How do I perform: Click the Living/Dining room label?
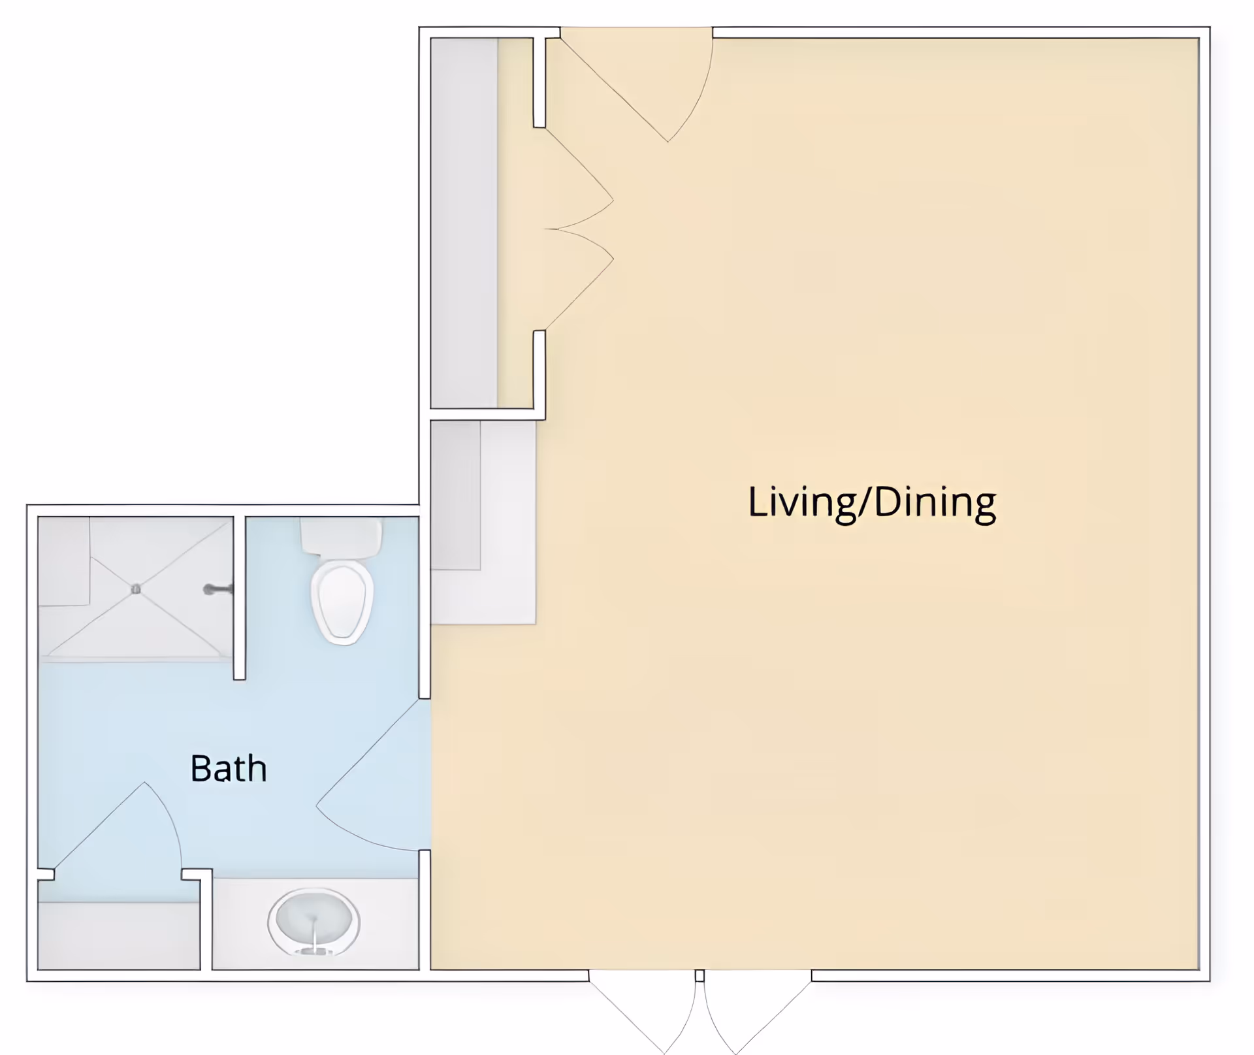(871, 502)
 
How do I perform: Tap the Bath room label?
(229, 768)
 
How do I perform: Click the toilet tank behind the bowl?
(341, 537)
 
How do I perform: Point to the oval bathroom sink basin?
(313, 920)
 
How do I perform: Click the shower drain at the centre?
(136, 589)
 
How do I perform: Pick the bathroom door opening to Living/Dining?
(372, 777)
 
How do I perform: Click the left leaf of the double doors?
(643, 1013)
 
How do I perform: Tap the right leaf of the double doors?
(758, 1013)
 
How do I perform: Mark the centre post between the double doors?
(699, 976)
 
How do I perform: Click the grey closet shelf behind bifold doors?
(464, 222)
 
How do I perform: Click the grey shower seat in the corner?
(64, 560)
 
